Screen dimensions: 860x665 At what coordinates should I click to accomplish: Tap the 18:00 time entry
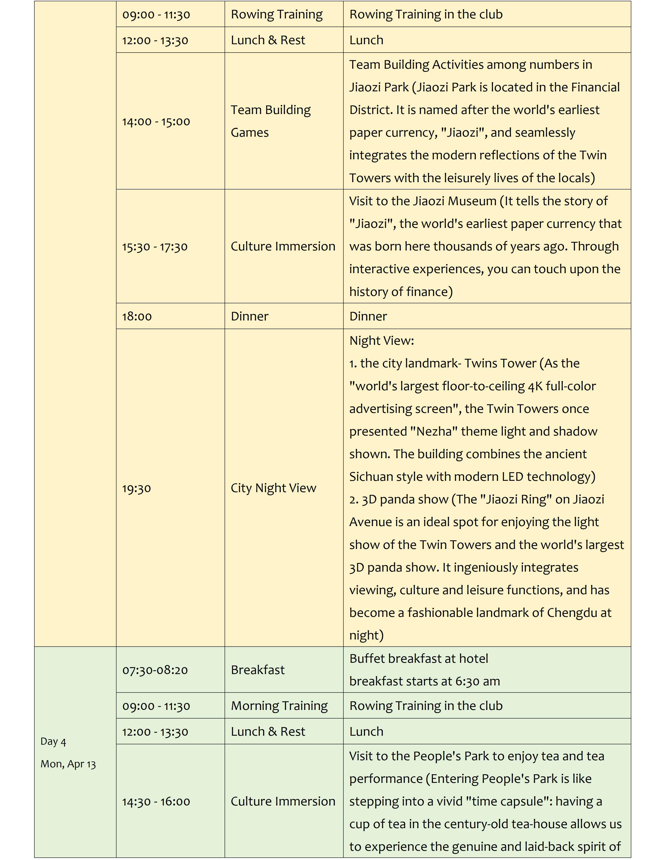pyautogui.click(x=137, y=317)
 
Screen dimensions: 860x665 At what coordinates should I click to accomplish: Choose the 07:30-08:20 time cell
pyautogui.click(x=155, y=670)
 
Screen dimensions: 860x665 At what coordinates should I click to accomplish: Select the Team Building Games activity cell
pyautogui.click(x=270, y=121)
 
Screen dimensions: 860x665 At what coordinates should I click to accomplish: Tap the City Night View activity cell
pyautogui.click(x=273, y=488)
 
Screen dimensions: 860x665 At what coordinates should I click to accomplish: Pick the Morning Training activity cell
pyautogui.click(x=279, y=706)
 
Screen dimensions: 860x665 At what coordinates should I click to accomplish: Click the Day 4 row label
pyautogui.click(x=53, y=742)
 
